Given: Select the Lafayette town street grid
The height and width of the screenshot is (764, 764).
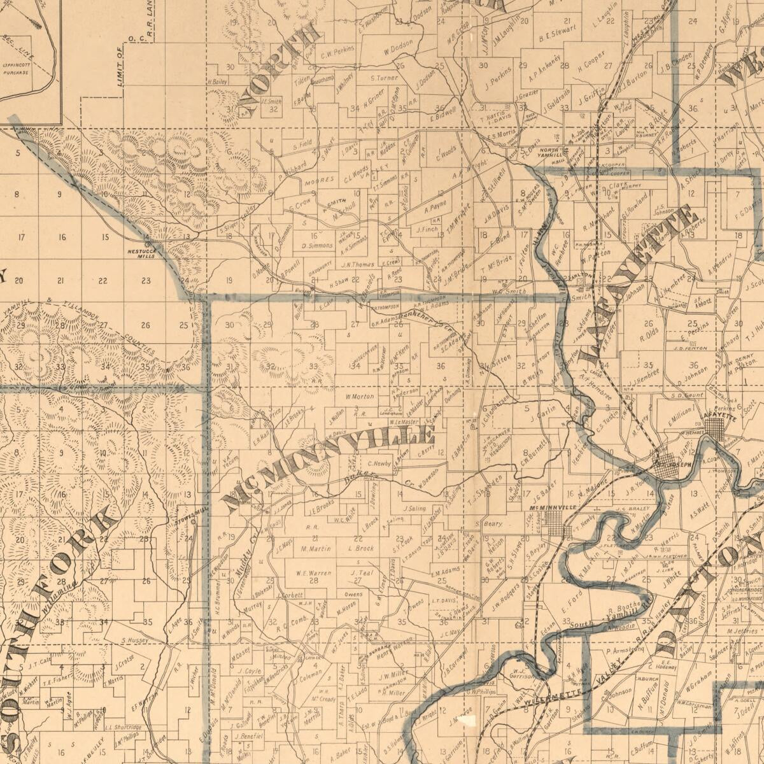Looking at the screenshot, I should pyautogui.click(x=717, y=430).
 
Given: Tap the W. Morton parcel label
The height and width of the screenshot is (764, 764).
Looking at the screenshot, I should pyautogui.click(x=360, y=396).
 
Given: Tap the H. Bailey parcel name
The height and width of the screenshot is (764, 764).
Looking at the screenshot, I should pyautogui.click(x=217, y=81).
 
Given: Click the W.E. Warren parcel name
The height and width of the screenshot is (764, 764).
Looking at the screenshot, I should pyautogui.click(x=313, y=572).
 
